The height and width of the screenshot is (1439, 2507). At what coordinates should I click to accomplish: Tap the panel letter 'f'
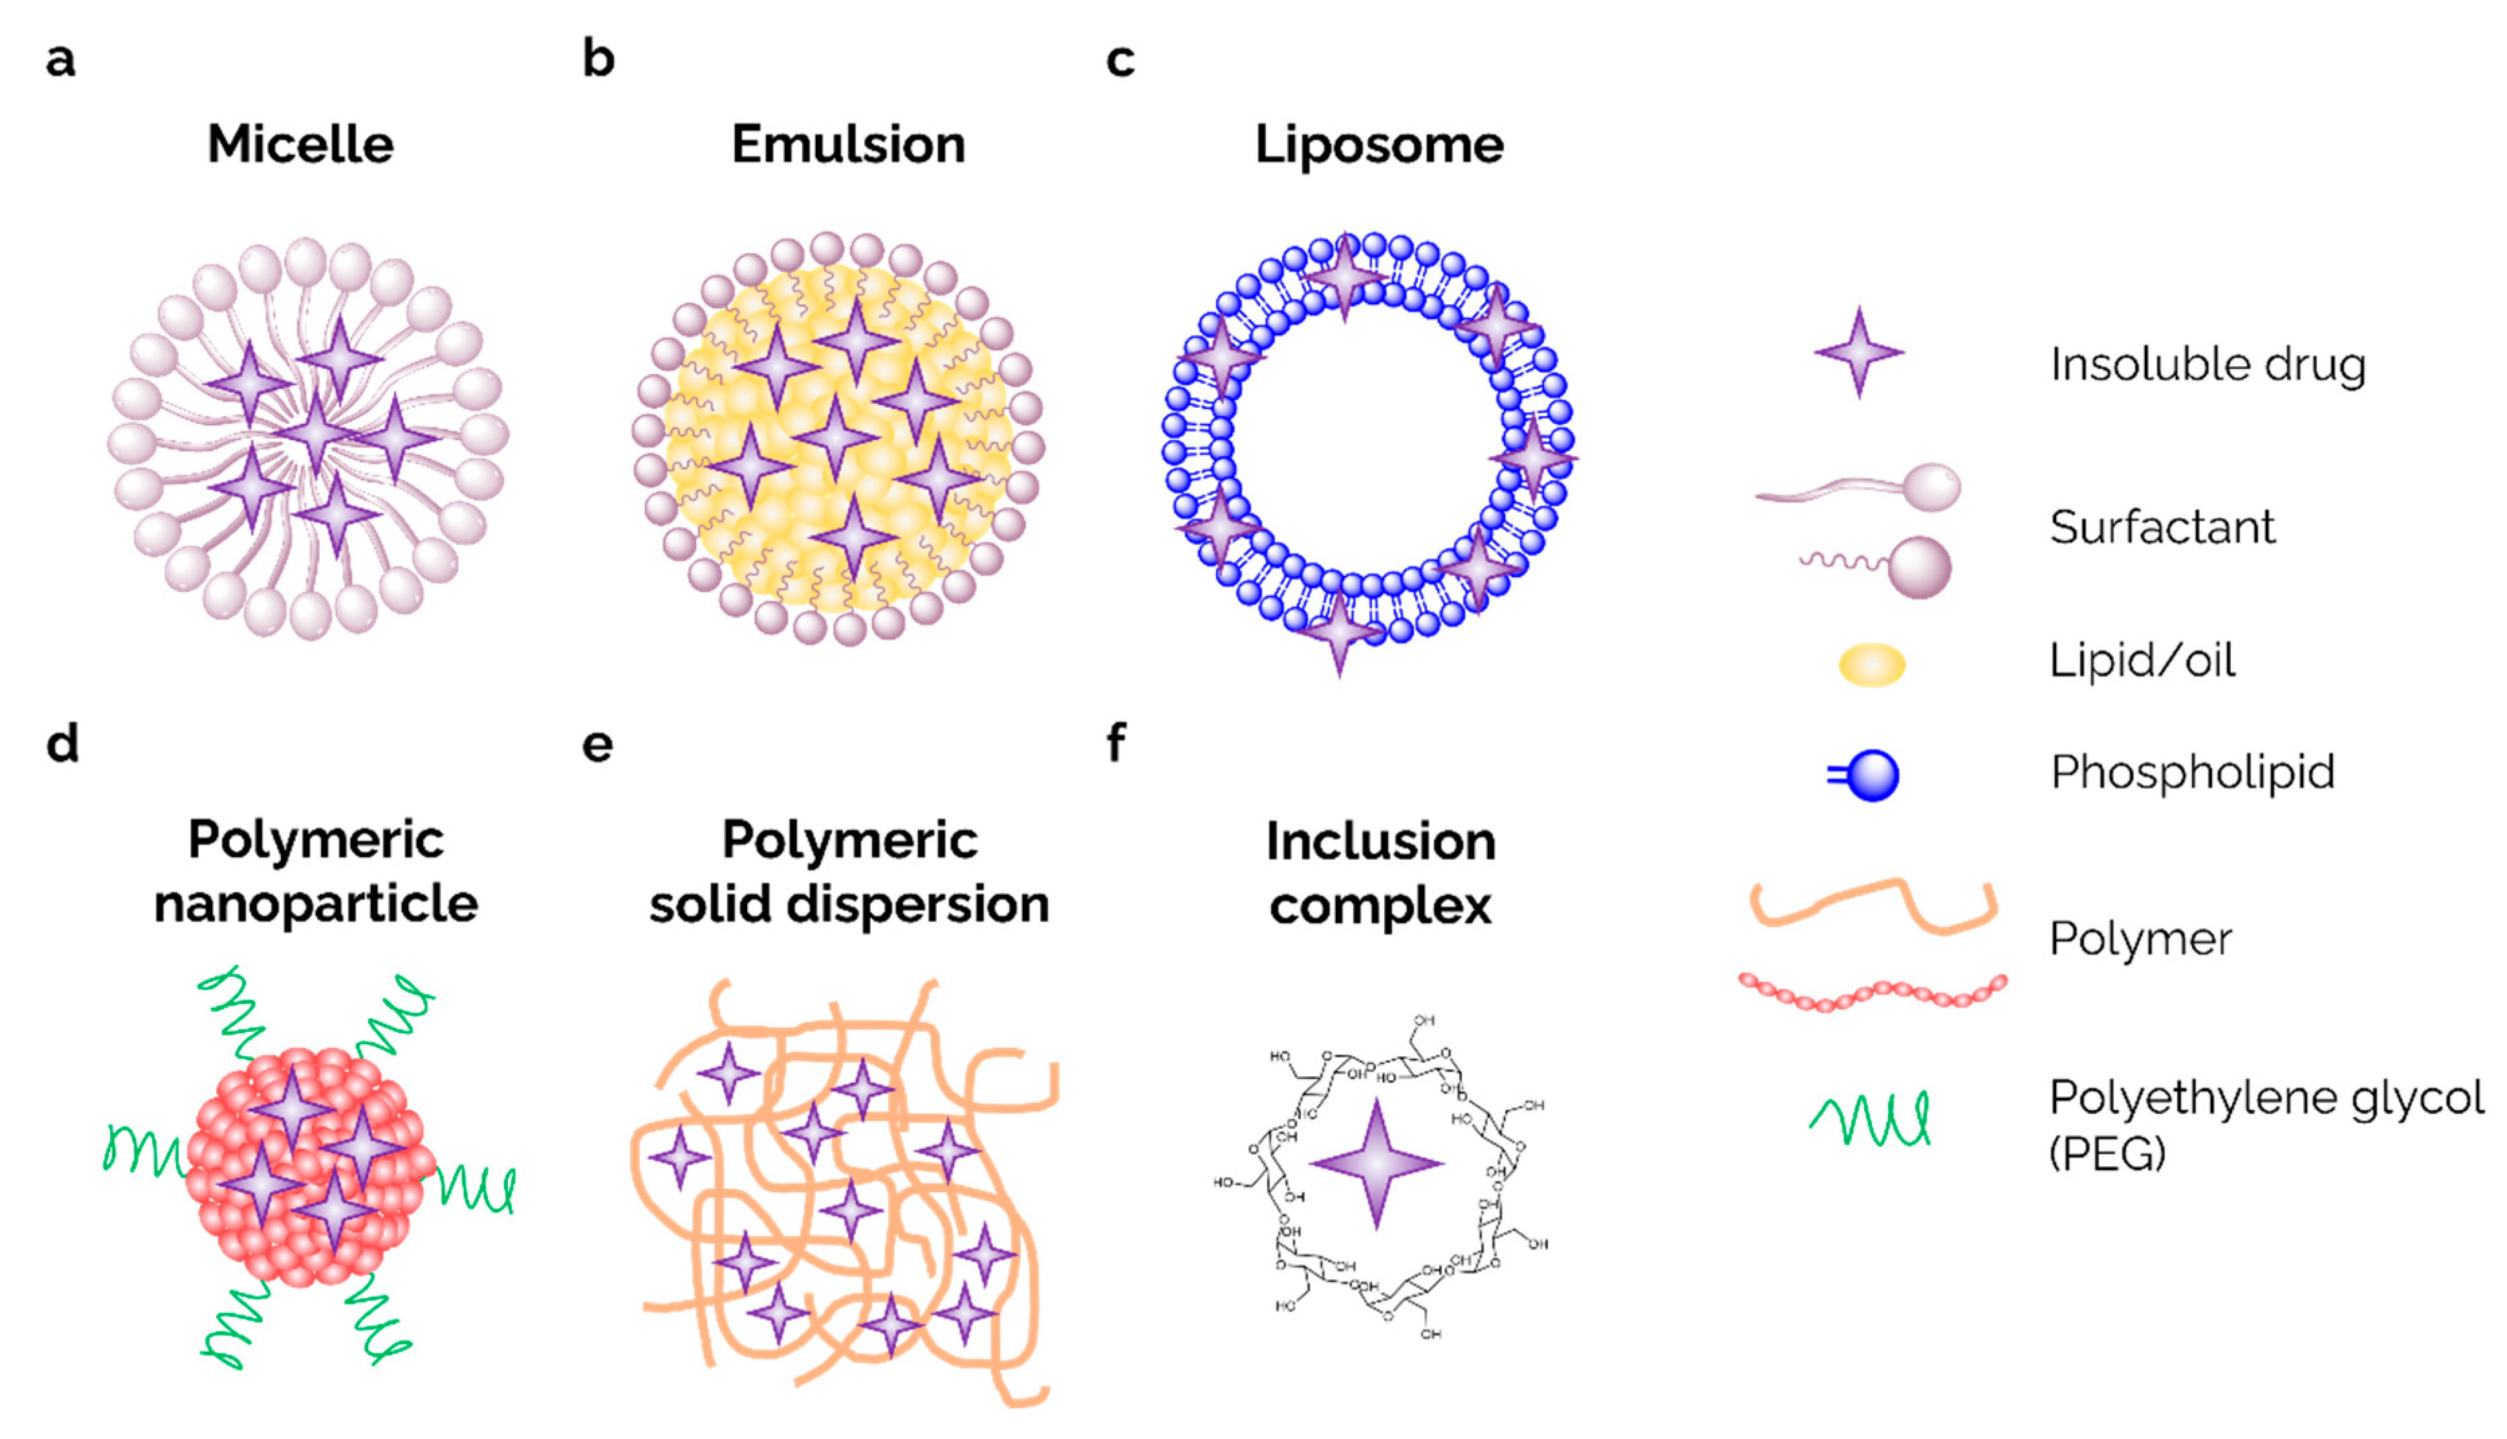(1116, 742)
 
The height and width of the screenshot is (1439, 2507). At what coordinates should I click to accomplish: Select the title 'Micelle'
(300, 144)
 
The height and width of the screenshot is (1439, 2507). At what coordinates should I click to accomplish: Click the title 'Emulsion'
(848, 144)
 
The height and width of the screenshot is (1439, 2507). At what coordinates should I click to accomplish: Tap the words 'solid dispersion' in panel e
(848, 904)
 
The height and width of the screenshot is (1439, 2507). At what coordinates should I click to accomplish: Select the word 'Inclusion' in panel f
(1380, 842)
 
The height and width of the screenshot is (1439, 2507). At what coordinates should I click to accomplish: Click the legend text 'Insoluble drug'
(2207, 365)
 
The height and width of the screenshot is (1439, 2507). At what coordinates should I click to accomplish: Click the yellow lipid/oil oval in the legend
(1871, 664)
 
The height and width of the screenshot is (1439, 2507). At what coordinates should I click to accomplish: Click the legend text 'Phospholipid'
(2192, 773)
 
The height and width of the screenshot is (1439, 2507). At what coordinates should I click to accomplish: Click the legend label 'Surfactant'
(2162, 527)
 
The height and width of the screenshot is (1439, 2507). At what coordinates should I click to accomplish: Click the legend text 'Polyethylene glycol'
(2266, 1097)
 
